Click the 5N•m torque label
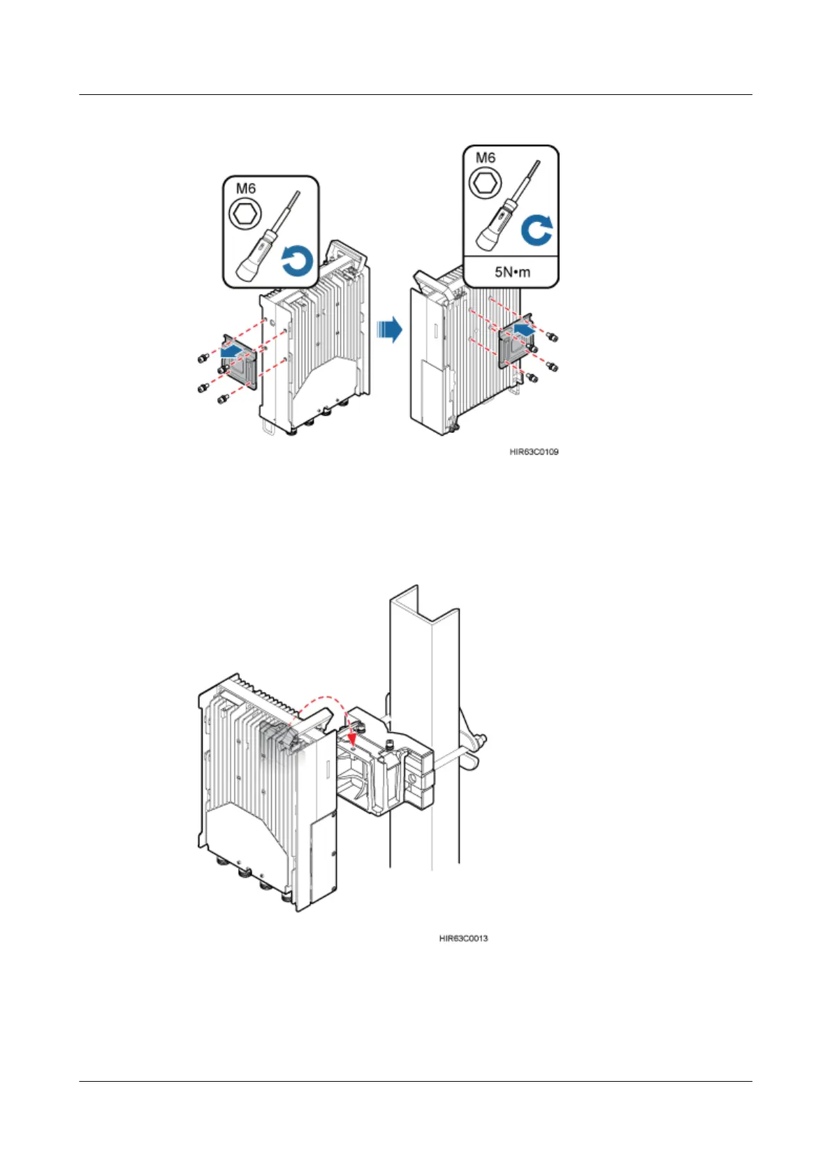[512, 272]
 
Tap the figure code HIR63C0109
[534, 452]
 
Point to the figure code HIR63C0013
[463, 938]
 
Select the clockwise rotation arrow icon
[537, 230]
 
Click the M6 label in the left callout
[246, 189]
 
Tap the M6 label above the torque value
[486, 158]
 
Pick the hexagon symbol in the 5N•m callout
[486, 184]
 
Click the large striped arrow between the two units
[389, 329]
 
